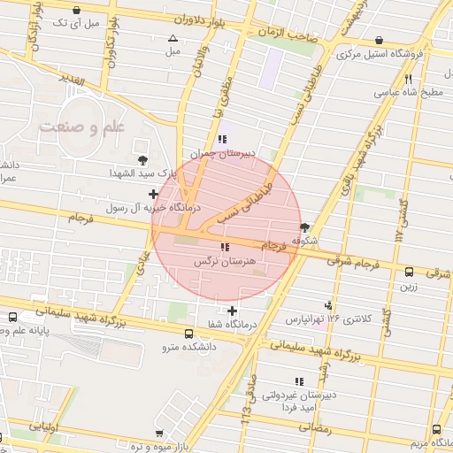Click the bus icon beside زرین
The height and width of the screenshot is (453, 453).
point(409,273)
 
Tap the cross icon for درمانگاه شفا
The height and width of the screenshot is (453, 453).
point(233,311)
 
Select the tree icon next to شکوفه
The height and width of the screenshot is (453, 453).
point(305,227)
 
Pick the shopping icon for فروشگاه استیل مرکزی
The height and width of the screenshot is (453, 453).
point(380,40)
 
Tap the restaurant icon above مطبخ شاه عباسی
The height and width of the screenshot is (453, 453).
point(408,79)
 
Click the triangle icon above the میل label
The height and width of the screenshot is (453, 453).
point(173,38)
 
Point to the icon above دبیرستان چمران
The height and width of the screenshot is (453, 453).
point(222,139)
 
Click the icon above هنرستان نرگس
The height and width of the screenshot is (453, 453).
point(224,247)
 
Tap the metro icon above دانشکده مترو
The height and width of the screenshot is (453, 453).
point(189,334)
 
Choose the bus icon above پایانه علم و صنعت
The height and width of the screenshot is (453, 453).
point(12,316)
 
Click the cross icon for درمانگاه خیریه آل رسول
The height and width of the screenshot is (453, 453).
point(154,194)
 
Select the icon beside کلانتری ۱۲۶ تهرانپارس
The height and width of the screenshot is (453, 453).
point(330,303)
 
